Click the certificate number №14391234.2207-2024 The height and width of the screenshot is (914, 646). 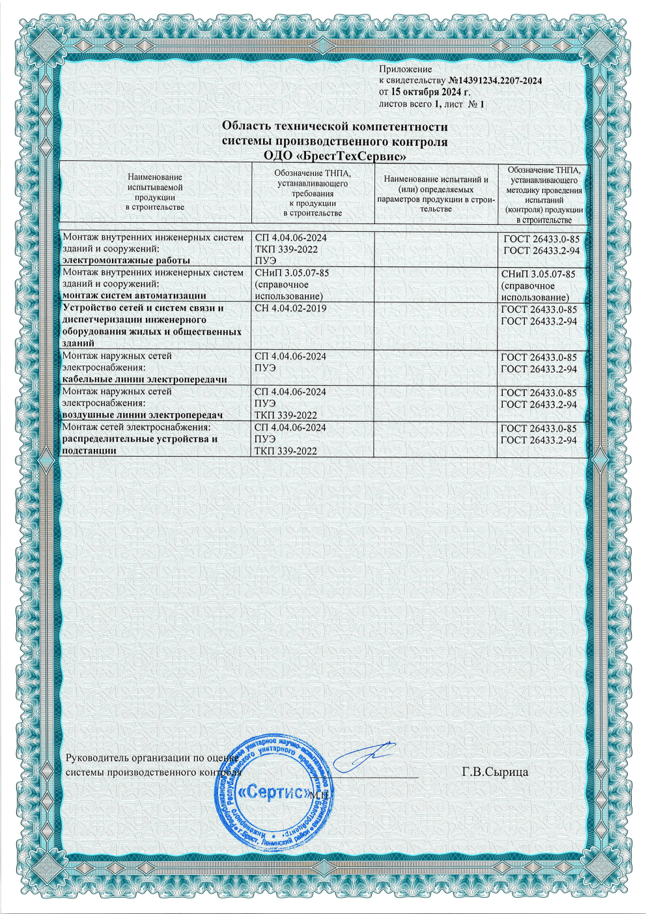496,80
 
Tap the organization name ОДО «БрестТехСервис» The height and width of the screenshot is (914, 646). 335,156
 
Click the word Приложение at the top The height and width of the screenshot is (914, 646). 405,68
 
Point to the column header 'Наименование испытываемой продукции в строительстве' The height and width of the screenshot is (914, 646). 155,192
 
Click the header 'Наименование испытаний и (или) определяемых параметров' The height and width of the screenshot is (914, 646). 436,193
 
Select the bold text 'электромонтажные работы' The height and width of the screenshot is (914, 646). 126,261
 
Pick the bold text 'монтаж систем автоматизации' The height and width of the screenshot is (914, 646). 133,296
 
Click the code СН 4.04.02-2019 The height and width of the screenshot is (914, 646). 290,308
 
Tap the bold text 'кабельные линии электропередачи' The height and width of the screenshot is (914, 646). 144,379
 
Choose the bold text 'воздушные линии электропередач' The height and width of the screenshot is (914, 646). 142,415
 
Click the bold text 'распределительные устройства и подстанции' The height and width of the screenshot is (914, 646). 139,444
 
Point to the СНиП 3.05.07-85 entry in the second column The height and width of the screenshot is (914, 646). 291,273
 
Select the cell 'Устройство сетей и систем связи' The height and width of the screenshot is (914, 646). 143,308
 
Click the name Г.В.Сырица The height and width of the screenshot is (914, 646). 495,772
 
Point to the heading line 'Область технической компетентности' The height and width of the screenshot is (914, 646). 335,126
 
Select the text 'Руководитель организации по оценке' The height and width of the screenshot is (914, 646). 150,758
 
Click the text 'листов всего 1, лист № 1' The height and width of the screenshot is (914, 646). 431,104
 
